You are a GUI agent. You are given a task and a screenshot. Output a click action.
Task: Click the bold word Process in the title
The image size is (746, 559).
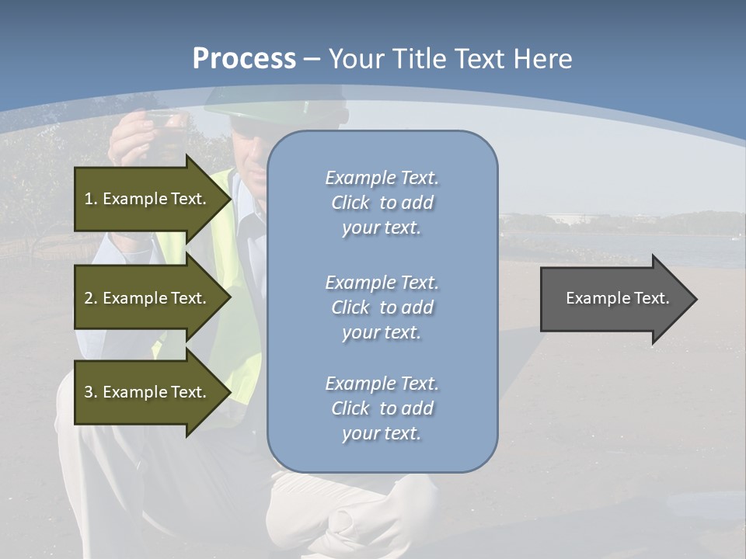pos(244,59)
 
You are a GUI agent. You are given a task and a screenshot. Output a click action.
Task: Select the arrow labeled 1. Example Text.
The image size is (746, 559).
pos(148,199)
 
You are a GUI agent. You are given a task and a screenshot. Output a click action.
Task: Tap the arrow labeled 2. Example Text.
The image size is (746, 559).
pos(148,298)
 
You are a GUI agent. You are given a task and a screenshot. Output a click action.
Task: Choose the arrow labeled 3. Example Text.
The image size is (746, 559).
pos(148,392)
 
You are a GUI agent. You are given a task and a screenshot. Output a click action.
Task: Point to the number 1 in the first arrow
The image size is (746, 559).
pos(89,199)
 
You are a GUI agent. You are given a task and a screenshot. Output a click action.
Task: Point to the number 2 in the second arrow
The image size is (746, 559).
pos(89,298)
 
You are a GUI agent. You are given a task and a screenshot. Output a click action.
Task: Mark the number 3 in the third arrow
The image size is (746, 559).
pos(89,392)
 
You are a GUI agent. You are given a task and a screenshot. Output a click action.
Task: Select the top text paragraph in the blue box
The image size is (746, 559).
pos(382,203)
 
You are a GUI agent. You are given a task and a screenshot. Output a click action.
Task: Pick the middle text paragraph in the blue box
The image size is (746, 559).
pos(382,307)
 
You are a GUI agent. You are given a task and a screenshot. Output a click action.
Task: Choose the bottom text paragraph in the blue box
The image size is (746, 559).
pos(382,408)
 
